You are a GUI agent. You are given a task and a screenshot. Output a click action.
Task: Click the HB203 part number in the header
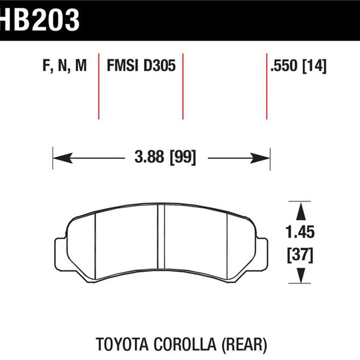[x=40, y=20]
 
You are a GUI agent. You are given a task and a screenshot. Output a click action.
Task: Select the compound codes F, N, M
[x=65, y=65]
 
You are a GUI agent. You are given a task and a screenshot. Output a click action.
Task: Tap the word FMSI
[x=122, y=65]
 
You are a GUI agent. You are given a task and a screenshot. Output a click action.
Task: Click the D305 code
[x=160, y=65]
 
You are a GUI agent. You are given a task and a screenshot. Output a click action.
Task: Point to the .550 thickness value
[x=284, y=65]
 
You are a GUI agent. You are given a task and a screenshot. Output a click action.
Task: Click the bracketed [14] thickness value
[x=314, y=66]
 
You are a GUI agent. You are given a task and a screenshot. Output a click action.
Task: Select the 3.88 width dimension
[x=149, y=157]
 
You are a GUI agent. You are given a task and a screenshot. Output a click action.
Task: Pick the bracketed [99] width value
[x=183, y=157]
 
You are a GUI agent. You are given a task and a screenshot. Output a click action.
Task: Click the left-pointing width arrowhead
[x=62, y=158]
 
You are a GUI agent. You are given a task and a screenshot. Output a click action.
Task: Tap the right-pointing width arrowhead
[x=260, y=158]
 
